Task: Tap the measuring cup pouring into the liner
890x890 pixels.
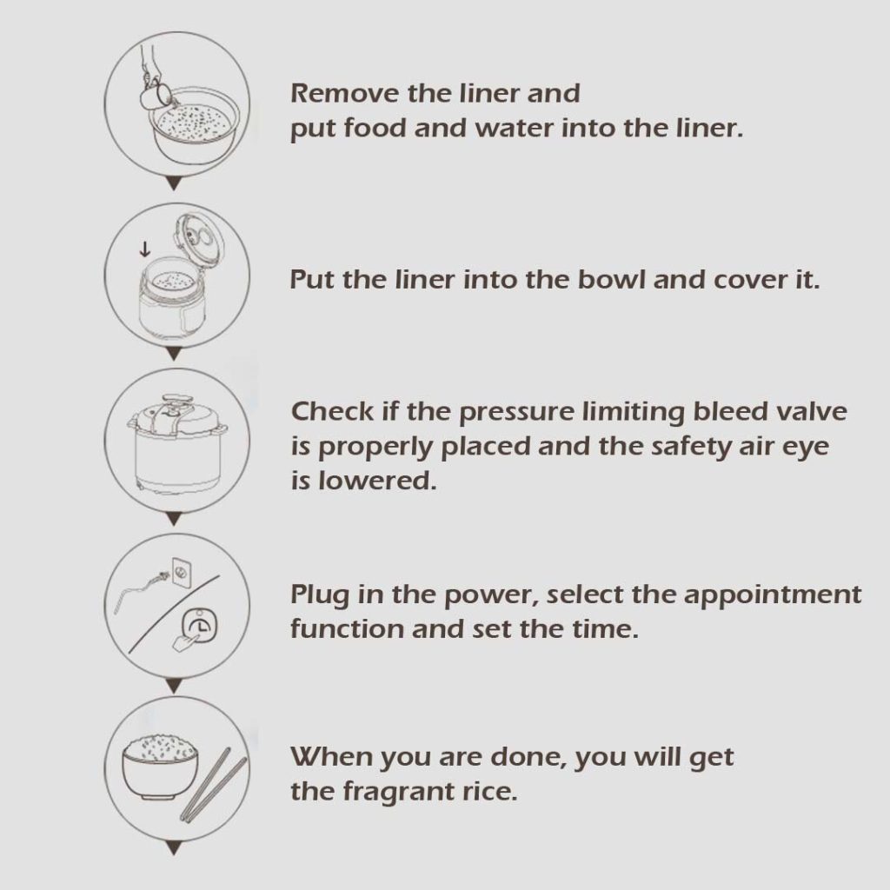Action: click(155, 95)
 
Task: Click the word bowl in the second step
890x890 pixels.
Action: click(612, 280)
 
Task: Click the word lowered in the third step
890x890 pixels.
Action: click(377, 482)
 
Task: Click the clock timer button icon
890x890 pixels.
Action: click(199, 626)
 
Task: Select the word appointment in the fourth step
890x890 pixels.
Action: click(772, 595)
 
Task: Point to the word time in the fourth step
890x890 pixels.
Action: click(605, 629)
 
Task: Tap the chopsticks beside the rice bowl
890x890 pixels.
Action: click(214, 785)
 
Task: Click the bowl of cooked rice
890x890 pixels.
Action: click(161, 767)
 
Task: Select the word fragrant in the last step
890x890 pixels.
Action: click(396, 793)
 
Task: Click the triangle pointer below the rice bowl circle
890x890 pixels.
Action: click(175, 848)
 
